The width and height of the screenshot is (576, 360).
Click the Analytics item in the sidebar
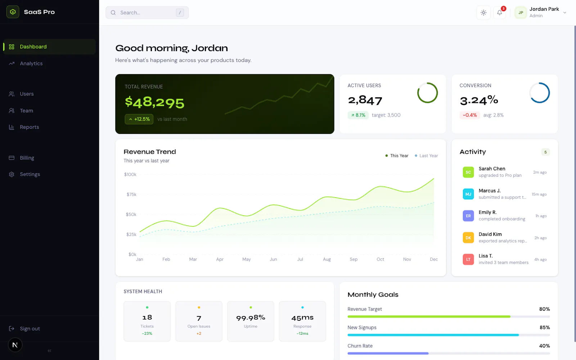click(31, 63)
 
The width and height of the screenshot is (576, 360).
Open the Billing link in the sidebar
click(27, 158)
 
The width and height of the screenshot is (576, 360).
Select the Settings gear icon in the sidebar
click(12, 174)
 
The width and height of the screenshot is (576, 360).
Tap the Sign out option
click(30, 328)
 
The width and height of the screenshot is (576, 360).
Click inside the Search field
click(147, 13)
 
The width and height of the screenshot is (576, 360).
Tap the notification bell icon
click(499, 13)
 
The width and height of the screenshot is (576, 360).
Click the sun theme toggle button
click(483, 13)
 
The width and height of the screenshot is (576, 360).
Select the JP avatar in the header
click(521, 13)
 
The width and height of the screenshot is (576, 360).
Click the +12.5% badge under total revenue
click(139, 119)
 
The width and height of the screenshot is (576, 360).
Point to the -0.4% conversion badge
click(469, 115)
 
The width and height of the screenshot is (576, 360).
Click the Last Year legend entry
click(426, 156)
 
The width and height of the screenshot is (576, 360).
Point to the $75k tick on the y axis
click(131, 194)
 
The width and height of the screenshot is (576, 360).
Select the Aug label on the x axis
click(327, 259)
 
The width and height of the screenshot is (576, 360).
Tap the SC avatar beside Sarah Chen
click(468, 172)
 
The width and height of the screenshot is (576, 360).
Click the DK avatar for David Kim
click(468, 238)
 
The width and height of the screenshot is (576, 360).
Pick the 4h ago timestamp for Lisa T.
click(540, 260)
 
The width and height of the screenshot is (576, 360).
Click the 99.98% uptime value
click(251, 318)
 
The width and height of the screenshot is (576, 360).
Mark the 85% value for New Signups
click(545, 327)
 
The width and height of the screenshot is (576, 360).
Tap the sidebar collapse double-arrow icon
click(49, 351)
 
